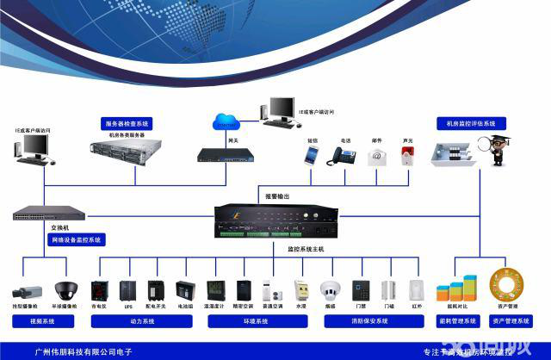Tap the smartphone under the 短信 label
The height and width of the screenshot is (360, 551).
(x=310, y=155)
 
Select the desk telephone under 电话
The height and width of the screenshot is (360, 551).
(x=344, y=156)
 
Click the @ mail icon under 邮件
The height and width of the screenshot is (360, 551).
(x=376, y=156)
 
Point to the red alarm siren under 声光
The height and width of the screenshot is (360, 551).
(x=407, y=155)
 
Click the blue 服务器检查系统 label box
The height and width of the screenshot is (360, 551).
(x=127, y=123)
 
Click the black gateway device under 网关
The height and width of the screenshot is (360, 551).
(x=226, y=155)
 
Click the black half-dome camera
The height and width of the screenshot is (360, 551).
(x=65, y=290)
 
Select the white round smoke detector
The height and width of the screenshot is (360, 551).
(x=330, y=290)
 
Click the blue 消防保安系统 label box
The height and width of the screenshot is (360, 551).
(x=373, y=321)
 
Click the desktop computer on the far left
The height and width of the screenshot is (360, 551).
(x=31, y=150)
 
